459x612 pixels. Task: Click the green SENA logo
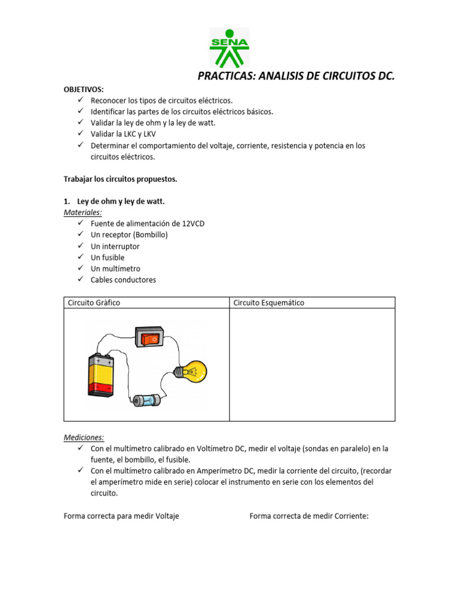click(229, 48)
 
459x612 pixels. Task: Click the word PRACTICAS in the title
click(228, 76)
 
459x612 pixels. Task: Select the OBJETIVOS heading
click(84, 89)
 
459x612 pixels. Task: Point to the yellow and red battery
click(100, 375)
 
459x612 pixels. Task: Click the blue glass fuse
click(146, 400)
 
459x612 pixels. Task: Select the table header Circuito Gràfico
click(94, 303)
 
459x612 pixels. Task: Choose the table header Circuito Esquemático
click(268, 303)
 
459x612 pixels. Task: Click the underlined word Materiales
click(82, 212)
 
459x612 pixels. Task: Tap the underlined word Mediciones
click(84, 437)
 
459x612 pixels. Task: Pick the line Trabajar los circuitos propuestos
click(120, 179)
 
